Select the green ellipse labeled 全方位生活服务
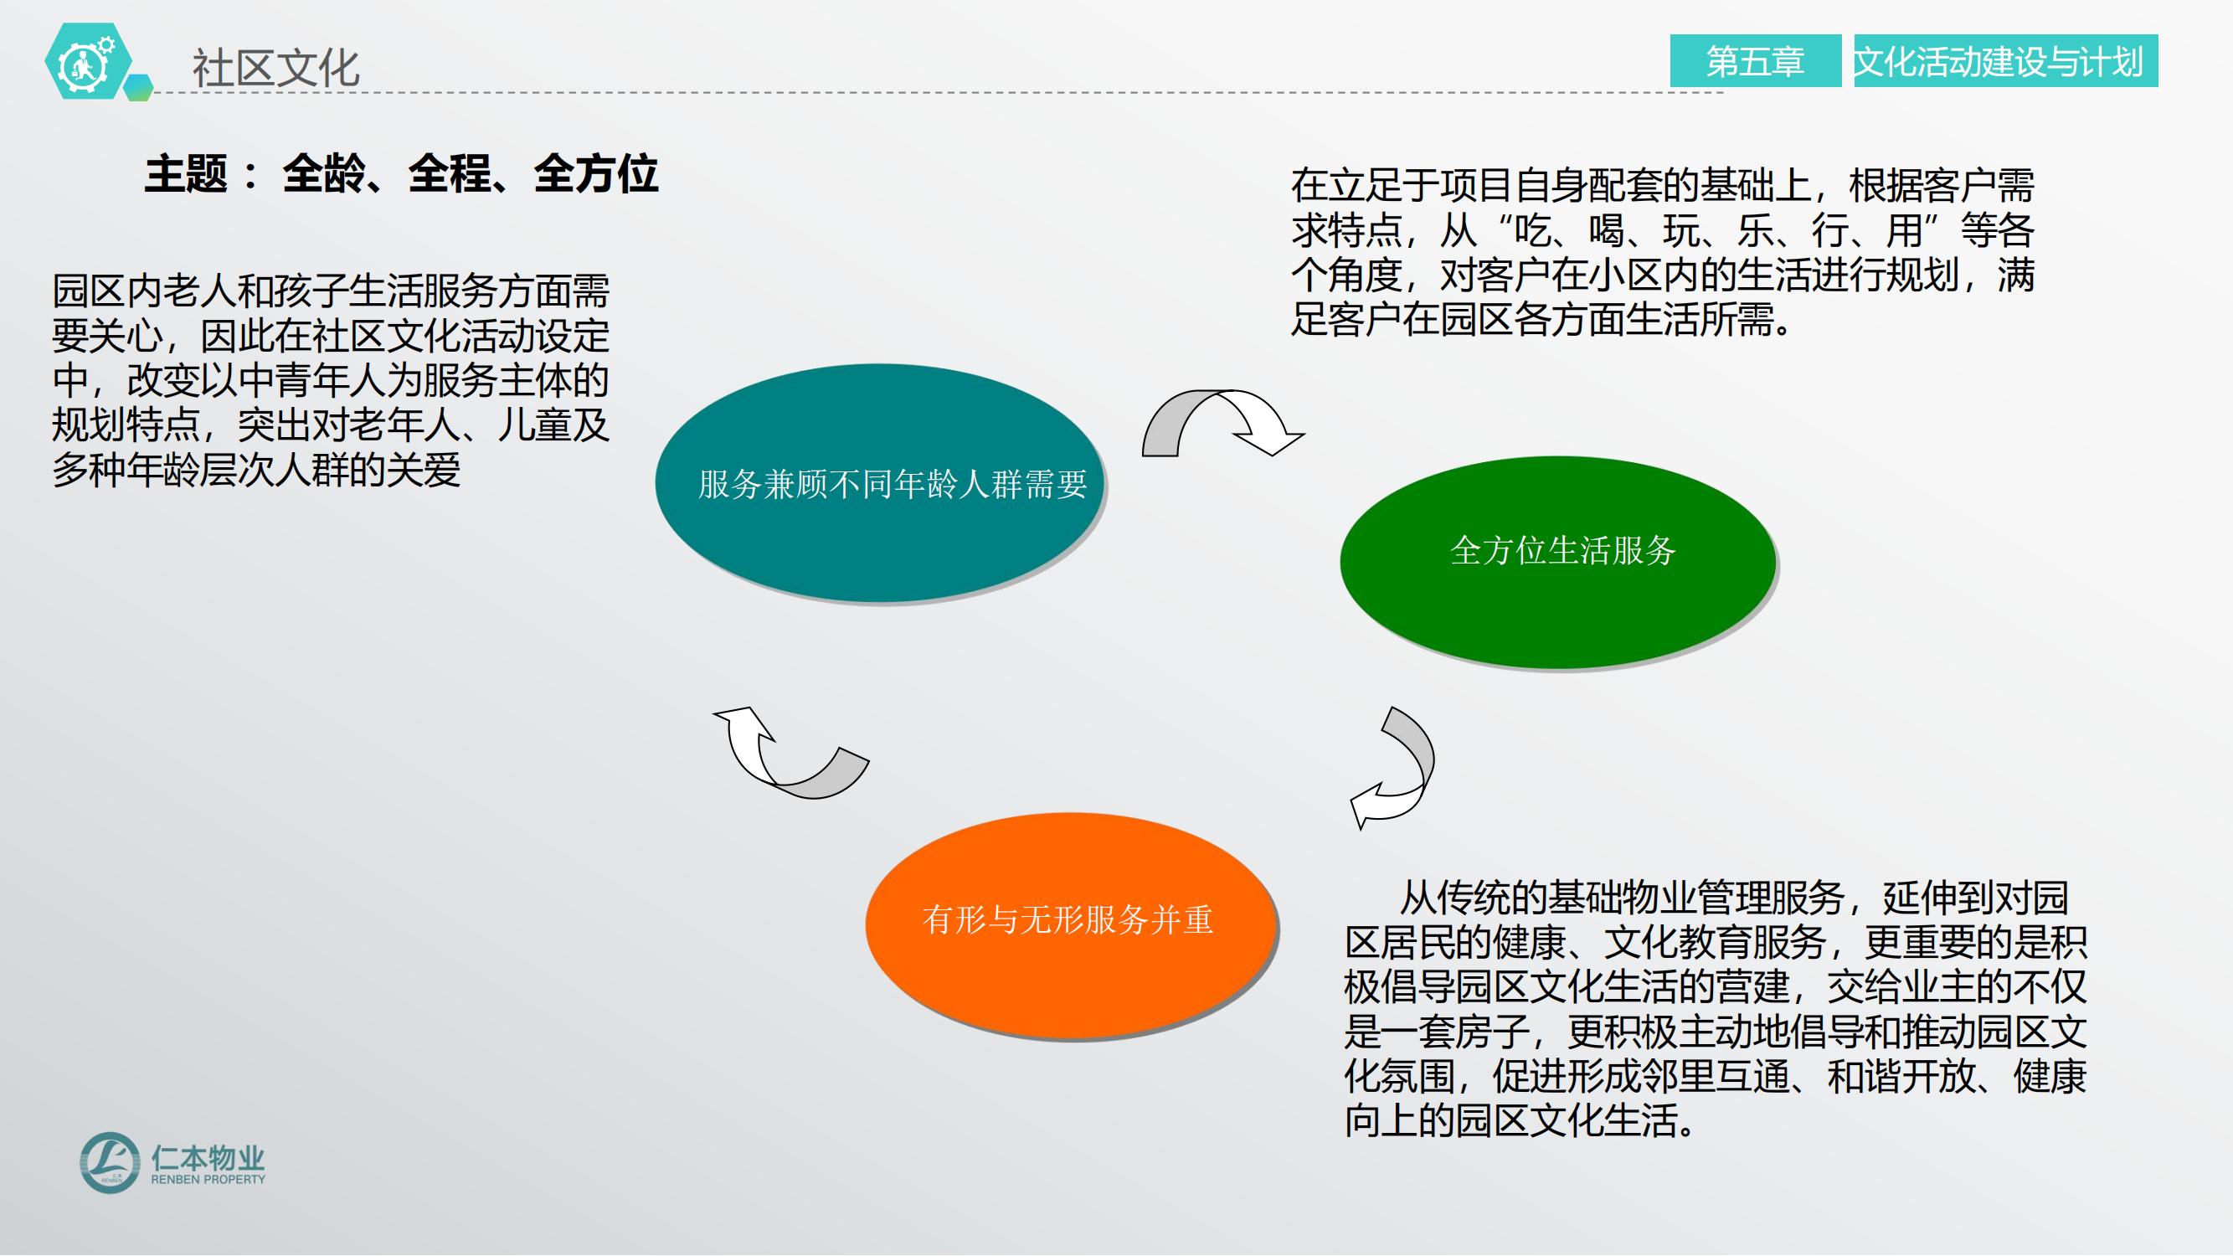1557,562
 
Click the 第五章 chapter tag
1756,60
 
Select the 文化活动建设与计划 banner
2005,60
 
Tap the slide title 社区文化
275,68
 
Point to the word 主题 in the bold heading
186,174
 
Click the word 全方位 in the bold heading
596,174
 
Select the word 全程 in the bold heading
450,174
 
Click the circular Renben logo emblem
109,1162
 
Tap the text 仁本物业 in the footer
208,1157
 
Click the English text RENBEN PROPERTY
208,1180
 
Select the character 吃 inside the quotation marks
1532,230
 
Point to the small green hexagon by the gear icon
139,88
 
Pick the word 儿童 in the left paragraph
535,425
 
